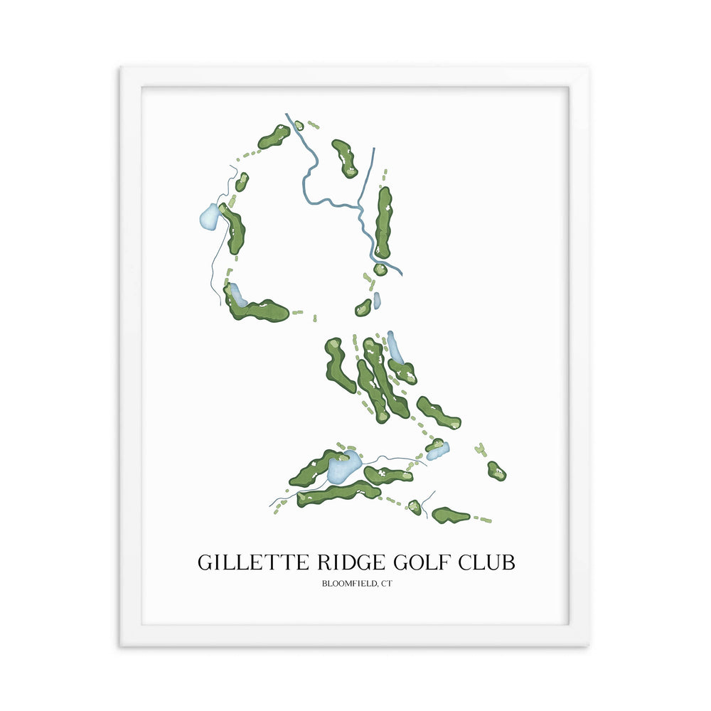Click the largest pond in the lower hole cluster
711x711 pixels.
click(x=343, y=467)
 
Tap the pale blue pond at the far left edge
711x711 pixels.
click(x=209, y=215)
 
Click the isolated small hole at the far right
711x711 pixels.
click(x=496, y=471)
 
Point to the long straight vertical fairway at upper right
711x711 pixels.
click(x=383, y=223)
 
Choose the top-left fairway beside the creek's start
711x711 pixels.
click(x=274, y=137)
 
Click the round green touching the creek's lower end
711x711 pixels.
click(x=380, y=269)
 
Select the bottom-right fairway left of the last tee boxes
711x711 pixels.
click(x=451, y=515)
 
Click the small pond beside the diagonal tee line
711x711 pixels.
click(x=437, y=451)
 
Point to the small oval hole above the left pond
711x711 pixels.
click(x=242, y=182)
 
